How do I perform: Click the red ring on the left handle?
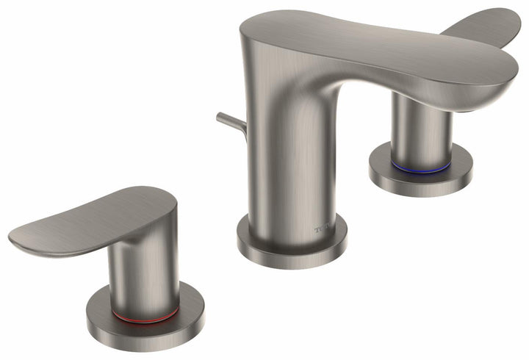144,317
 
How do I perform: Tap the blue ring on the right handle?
420,168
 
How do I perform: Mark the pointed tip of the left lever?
15,239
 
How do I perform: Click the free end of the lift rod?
220,116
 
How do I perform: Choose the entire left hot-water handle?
125,264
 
